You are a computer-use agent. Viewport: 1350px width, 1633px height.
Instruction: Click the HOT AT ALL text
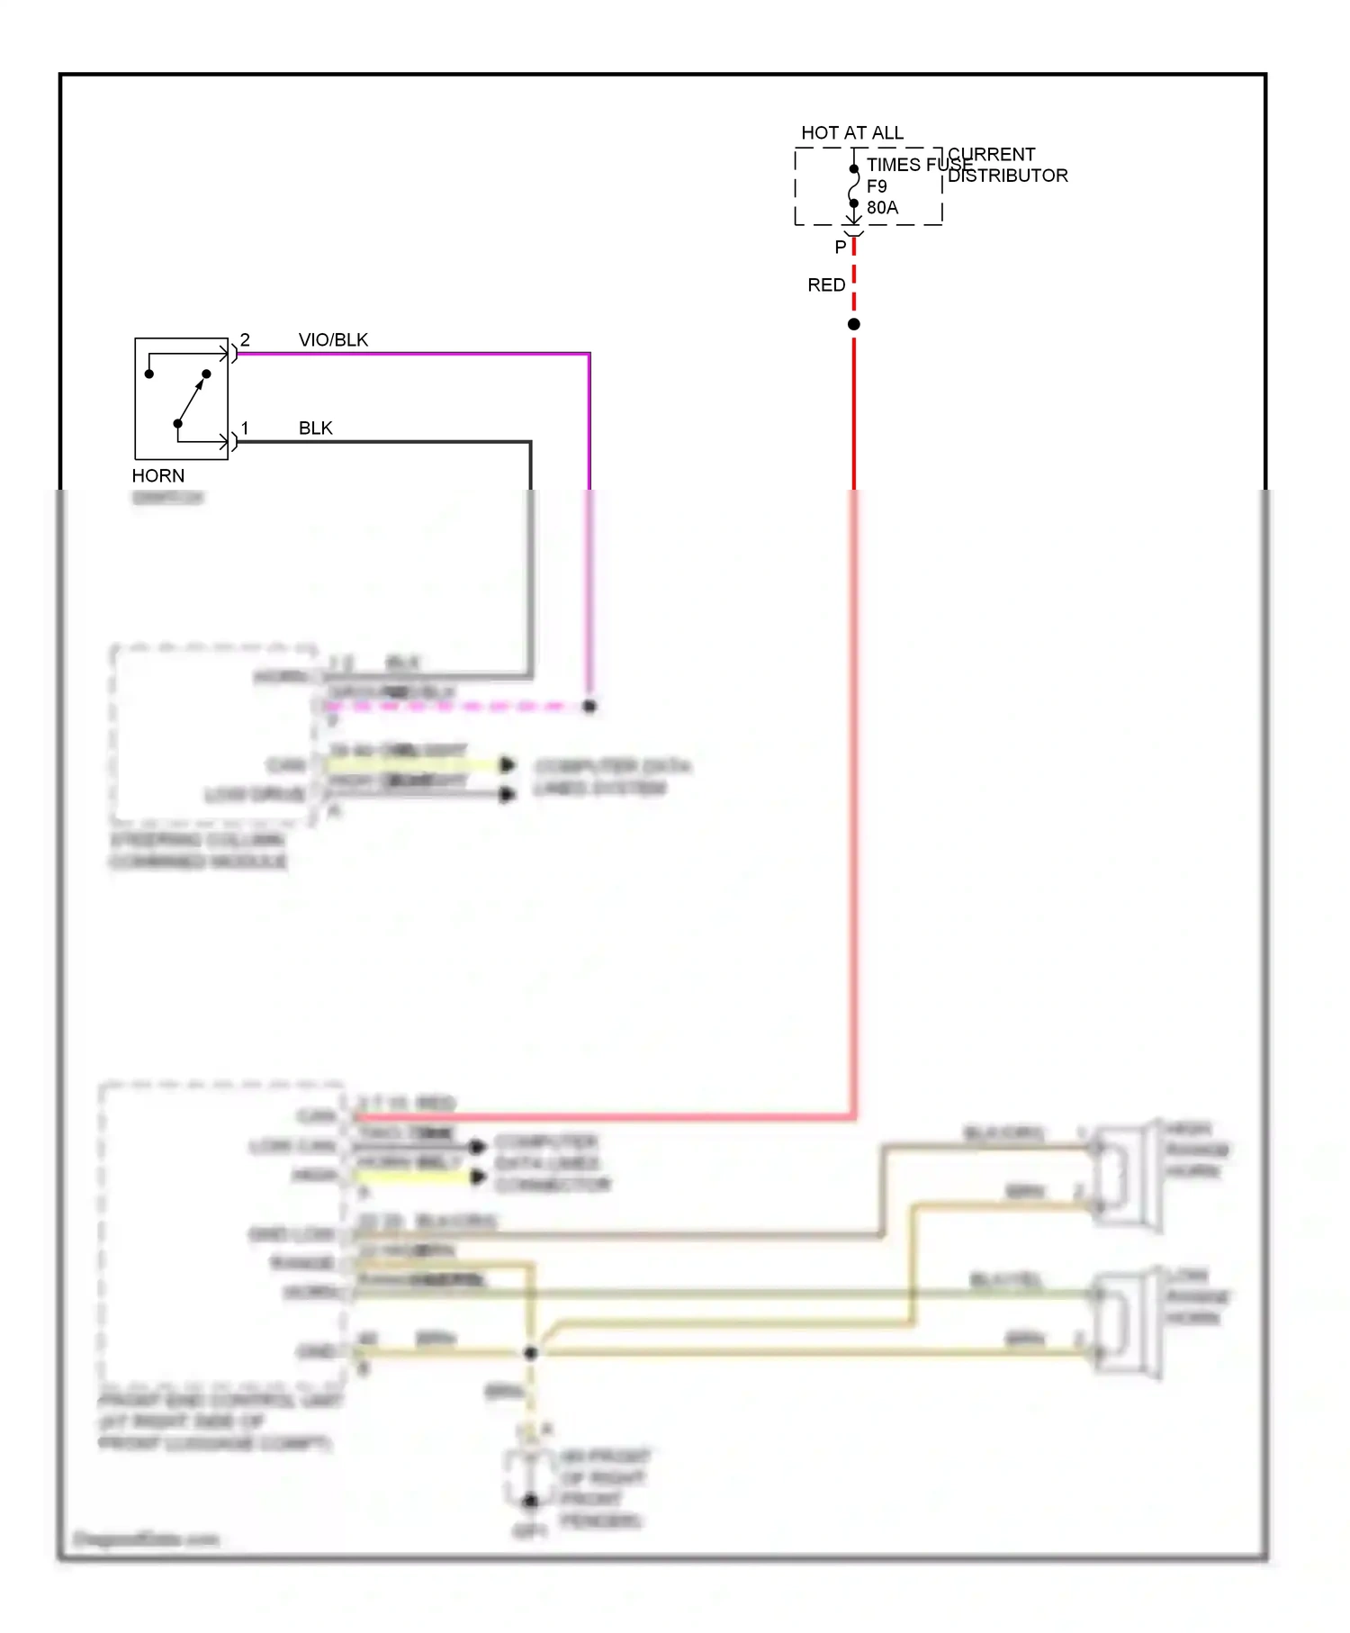click(851, 132)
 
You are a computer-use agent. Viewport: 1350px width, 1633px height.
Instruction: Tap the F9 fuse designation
click(876, 186)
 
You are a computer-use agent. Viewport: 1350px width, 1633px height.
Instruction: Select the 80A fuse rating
click(881, 208)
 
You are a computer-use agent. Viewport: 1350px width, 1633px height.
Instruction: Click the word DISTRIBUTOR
click(1007, 176)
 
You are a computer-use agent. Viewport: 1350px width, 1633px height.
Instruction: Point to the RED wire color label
click(825, 284)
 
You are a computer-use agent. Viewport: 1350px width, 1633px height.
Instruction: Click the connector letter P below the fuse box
click(840, 247)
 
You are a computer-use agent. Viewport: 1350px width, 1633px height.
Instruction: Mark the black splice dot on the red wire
click(853, 324)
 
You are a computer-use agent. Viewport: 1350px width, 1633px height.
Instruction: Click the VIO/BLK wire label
click(333, 339)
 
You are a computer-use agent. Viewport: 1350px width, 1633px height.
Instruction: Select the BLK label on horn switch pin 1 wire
click(315, 428)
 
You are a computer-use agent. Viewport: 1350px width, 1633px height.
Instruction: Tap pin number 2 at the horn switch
click(245, 339)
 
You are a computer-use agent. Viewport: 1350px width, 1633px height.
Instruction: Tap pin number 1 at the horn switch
click(245, 428)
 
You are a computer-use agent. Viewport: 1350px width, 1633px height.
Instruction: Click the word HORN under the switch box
click(157, 475)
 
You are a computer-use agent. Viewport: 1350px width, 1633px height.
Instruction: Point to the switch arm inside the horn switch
click(191, 399)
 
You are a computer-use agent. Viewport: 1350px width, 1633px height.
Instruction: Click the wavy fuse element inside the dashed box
click(853, 186)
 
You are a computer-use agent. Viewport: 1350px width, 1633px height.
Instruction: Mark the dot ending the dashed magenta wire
click(589, 707)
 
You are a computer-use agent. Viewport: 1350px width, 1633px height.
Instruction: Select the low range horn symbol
click(1125, 1323)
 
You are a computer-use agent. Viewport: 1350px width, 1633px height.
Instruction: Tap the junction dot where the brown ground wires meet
click(530, 1352)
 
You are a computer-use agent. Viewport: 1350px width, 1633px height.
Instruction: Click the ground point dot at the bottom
click(530, 1501)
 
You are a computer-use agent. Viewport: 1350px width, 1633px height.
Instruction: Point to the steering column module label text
click(198, 851)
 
